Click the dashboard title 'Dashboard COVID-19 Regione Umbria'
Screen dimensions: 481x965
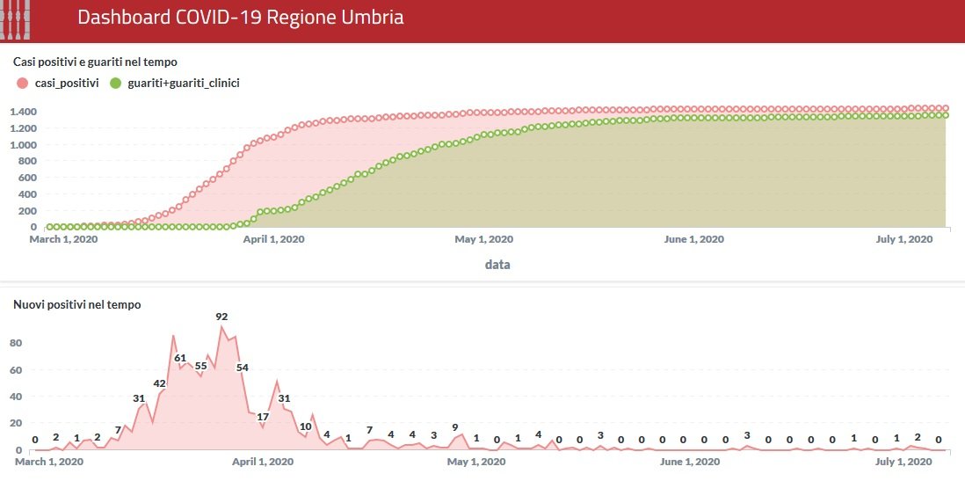[x=240, y=18]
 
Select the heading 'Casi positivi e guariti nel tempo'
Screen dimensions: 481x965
[x=95, y=62]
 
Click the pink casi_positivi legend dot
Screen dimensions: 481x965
[x=22, y=83]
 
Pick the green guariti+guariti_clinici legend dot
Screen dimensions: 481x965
[x=115, y=83]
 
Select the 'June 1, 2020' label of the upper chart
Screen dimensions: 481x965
[x=694, y=239]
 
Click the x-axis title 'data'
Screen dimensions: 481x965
[x=497, y=264]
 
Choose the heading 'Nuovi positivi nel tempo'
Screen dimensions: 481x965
[x=77, y=304]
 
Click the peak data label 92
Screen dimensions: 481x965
[x=221, y=317]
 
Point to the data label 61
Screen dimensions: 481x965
[x=180, y=358]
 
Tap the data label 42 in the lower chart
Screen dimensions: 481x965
[x=159, y=383]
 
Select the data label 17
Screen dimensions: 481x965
[x=263, y=417]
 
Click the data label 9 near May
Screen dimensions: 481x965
[x=454, y=427]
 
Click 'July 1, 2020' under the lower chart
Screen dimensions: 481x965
[x=903, y=462]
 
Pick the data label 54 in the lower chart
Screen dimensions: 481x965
[x=243, y=367]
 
